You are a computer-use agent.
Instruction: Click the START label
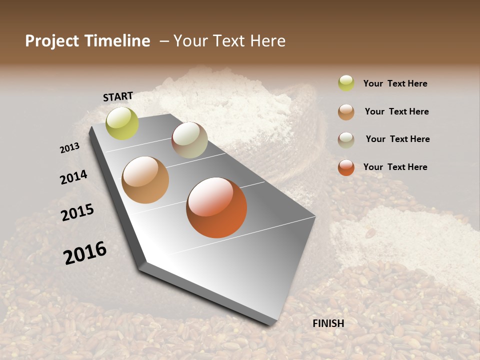[118, 96]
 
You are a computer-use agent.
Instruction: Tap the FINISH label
[328, 323]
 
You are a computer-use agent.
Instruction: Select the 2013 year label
[69, 148]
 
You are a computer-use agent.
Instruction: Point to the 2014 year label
[73, 177]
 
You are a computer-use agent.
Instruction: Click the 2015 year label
[77, 212]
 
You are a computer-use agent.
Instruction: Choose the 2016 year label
[85, 252]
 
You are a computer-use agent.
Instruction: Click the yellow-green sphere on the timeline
[122, 123]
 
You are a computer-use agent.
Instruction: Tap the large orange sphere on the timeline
[216, 207]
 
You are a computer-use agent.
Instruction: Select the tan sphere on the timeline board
[145, 180]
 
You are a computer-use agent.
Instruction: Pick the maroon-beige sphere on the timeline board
[189, 140]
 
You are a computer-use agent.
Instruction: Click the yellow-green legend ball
[346, 83]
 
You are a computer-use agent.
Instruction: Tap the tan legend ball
[346, 111]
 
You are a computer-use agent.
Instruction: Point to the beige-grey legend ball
[346, 139]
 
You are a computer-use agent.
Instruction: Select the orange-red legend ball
[346, 167]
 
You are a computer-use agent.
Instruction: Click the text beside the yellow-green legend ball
[395, 83]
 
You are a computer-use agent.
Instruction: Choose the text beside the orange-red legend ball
[395, 167]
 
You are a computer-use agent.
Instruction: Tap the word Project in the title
[51, 41]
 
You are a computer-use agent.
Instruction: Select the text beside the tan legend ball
[396, 111]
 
